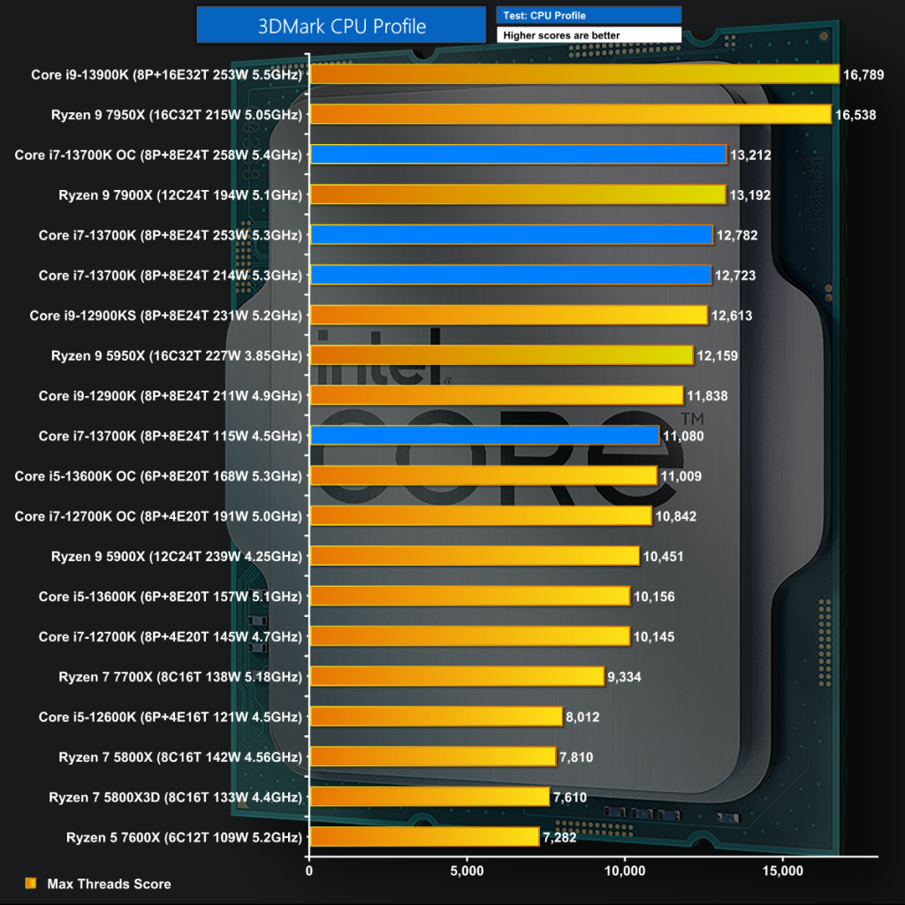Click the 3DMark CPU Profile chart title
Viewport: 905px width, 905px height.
341,26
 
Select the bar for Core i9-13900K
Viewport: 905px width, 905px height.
574,74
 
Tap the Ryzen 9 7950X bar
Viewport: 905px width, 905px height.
570,114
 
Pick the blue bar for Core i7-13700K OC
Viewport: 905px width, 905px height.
518,155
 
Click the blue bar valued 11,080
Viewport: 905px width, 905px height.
484,436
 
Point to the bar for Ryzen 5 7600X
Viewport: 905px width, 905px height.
424,837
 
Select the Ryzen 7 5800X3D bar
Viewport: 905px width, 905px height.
430,797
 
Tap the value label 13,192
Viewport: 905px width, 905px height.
750,195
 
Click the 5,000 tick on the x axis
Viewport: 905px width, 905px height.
467,871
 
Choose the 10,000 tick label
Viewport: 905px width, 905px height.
625,871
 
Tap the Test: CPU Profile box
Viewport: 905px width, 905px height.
589,15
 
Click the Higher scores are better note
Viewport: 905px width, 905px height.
589,35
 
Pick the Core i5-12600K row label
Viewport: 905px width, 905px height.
171,717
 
